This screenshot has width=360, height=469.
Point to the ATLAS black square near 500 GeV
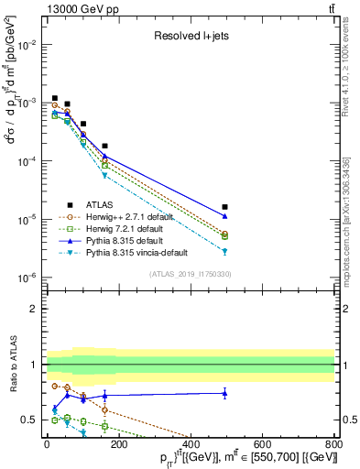click(225, 207)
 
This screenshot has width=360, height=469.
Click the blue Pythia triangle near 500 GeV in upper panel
click(225, 215)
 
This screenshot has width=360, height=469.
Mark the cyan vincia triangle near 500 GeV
click(225, 251)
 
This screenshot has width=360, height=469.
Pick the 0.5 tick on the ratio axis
click(31, 420)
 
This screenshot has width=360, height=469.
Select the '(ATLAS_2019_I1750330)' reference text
click(190, 275)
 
